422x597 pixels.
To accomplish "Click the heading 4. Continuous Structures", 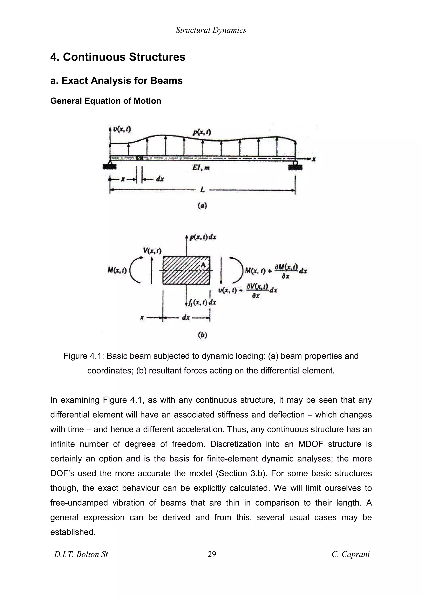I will tap(118, 57).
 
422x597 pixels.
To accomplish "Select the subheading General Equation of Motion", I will tap(105, 101).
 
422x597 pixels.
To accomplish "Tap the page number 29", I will tap(212, 554).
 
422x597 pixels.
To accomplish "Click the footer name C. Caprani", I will tap(350, 554).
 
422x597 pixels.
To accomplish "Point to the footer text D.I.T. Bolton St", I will tap(81, 554).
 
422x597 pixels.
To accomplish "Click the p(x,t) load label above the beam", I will tap(202, 132).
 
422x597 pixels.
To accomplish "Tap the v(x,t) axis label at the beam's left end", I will tap(122, 129).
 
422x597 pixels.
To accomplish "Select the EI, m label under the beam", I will tap(201, 168).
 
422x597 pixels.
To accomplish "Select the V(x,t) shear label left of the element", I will tap(152, 251).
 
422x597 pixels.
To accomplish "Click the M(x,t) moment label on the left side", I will tap(117, 271).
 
